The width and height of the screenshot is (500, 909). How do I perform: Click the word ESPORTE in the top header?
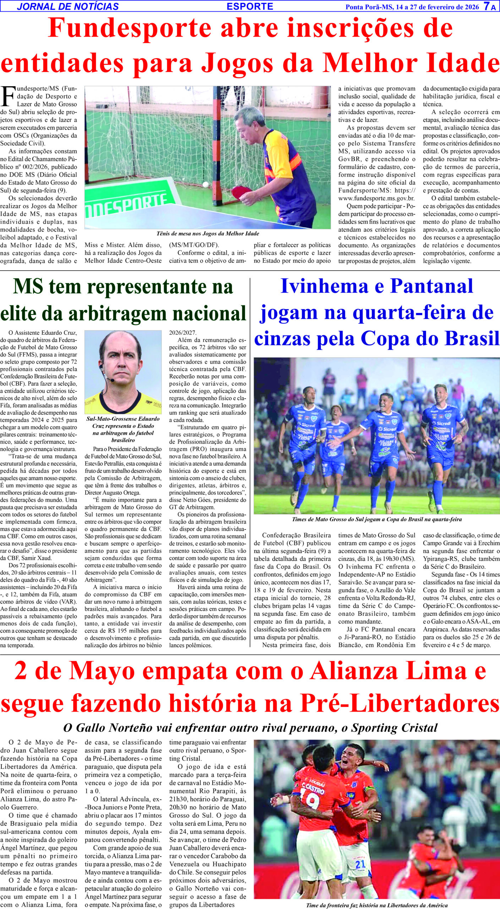(x=250, y=6)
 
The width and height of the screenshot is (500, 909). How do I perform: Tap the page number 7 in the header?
(x=487, y=6)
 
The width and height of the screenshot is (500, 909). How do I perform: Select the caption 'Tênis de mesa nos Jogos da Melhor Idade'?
(x=208, y=234)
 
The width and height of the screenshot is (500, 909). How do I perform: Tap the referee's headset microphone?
(x=112, y=380)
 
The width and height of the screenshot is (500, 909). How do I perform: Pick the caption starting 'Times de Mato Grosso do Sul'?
(x=376, y=519)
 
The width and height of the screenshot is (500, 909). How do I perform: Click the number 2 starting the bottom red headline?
(x=22, y=672)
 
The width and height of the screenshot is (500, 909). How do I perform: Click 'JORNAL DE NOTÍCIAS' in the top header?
(x=67, y=6)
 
